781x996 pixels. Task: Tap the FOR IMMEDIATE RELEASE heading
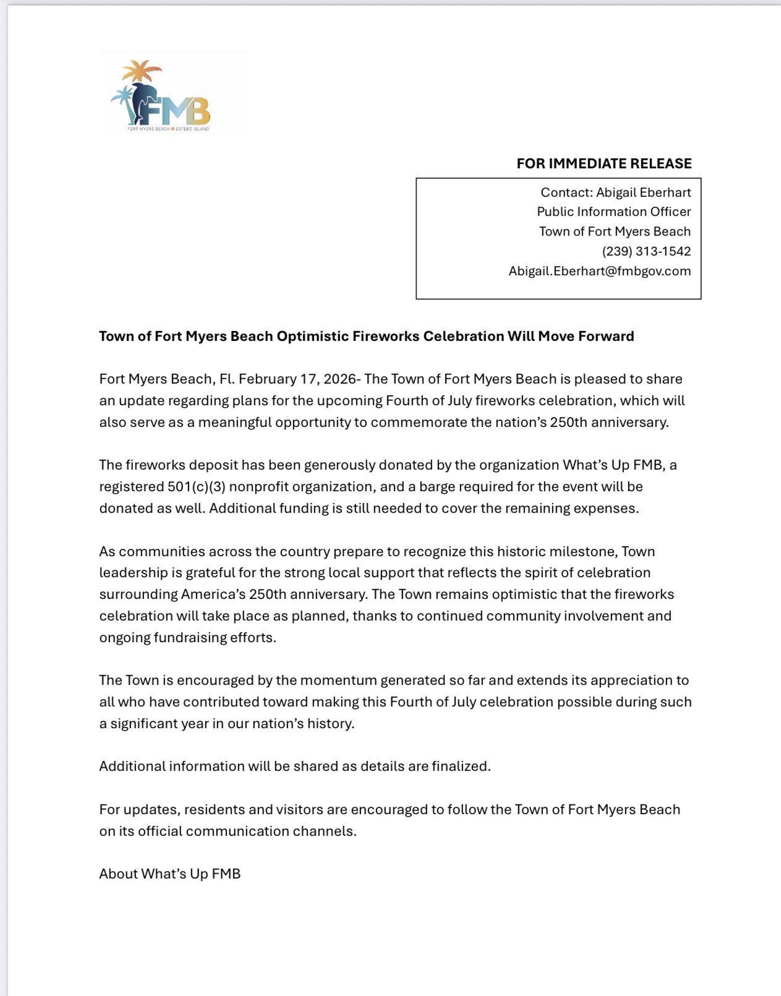[604, 164]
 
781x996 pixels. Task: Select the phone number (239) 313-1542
[646, 251]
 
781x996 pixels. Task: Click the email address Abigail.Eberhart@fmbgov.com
[599, 271]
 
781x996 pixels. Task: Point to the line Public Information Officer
[613, 212]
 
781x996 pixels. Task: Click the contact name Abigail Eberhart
[643, 192]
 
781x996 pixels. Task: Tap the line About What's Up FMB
[169, 874]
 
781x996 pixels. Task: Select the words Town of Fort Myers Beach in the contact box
[615, 231]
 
